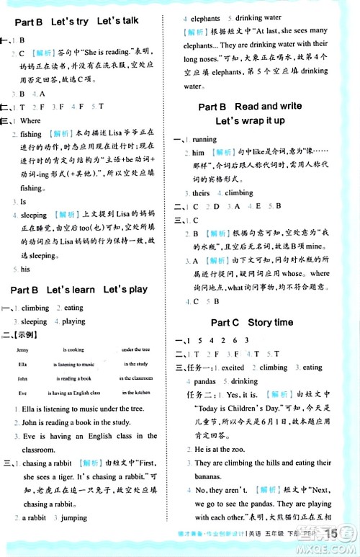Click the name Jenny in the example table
[24, 349]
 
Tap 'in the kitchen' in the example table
[135, 392]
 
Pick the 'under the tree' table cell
[135, 349]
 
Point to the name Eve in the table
[22, 392]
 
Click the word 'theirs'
[201, 193]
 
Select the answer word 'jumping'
[73, 517]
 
